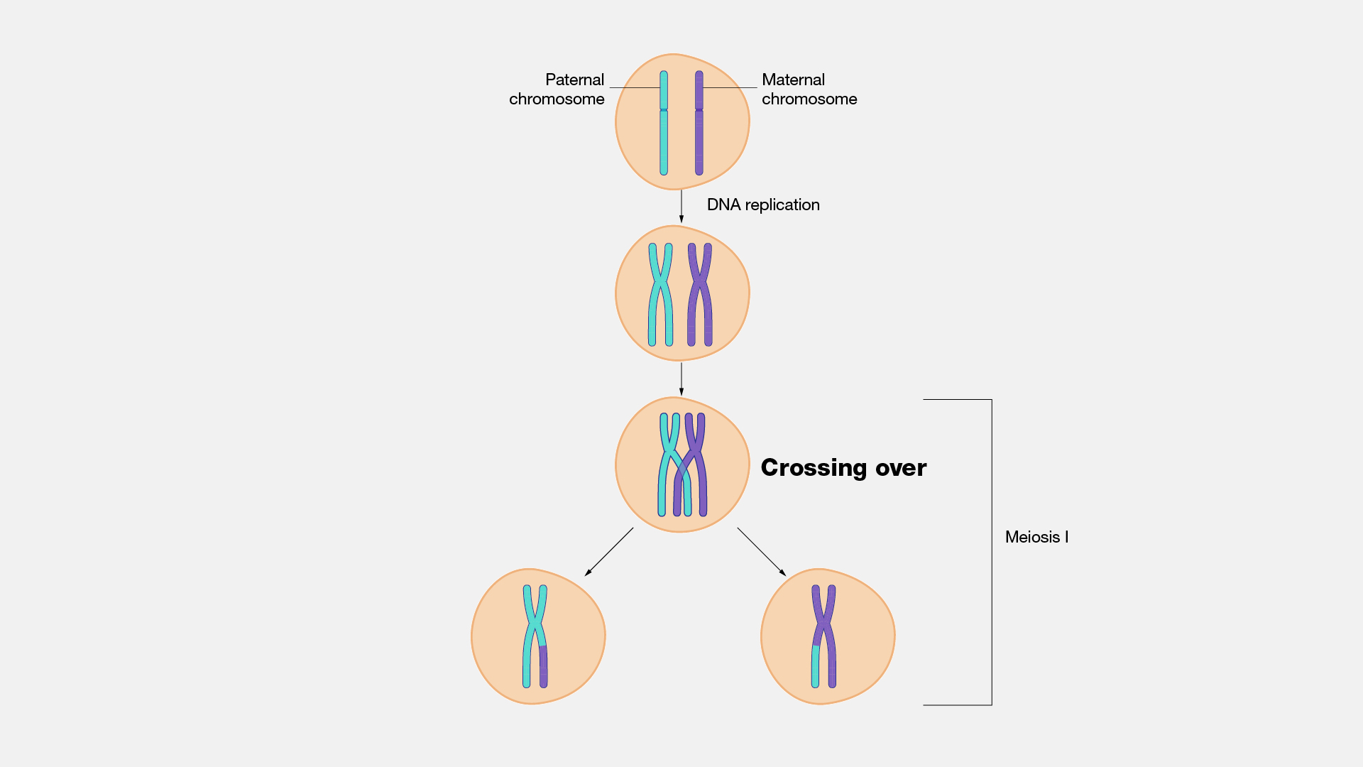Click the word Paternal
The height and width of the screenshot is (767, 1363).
point(574,80)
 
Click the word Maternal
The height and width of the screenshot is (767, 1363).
point(793,80)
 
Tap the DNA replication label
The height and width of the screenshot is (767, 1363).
point(762,205)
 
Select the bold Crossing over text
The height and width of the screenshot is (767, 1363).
point(843,467)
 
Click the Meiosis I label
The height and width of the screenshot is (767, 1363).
point(1036,537)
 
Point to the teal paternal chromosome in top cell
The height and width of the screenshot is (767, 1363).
point(664,142)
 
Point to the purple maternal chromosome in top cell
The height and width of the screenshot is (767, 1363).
point(699,142)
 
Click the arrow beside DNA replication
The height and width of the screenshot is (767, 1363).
point(681,206)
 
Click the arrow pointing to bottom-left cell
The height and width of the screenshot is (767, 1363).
point(609,552)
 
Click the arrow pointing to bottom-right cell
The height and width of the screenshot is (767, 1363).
point(761,551)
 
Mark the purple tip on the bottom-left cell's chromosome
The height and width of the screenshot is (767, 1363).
point(543,668)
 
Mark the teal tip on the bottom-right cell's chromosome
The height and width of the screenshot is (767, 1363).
point(815,668)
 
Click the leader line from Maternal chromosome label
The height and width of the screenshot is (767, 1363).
point(730,87)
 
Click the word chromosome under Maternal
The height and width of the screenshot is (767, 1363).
point(809,99)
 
